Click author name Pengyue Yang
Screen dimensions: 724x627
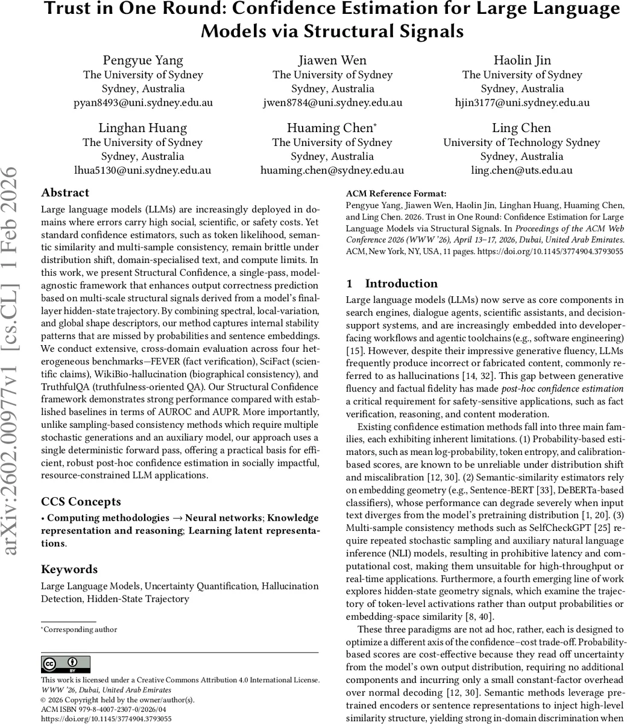coord(143,60)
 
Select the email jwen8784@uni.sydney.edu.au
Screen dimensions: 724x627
coord(332,103)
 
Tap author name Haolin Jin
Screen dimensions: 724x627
coord(522,60)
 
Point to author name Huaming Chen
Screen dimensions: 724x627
coord(332,128)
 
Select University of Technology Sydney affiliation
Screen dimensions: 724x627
coord(521,142)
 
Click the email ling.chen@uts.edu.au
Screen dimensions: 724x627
coord(521,170)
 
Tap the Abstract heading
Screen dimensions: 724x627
coord(65,193)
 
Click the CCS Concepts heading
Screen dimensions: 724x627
coord(81,502)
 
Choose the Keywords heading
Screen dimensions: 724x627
coord(69,570)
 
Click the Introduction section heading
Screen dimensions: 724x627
coord(400,284)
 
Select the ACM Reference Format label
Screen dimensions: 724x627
coord(396,194)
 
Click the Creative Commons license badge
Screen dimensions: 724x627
coord(66,665)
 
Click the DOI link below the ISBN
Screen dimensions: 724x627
coord(106,719)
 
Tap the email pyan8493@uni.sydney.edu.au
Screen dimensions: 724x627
coord(143,103)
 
